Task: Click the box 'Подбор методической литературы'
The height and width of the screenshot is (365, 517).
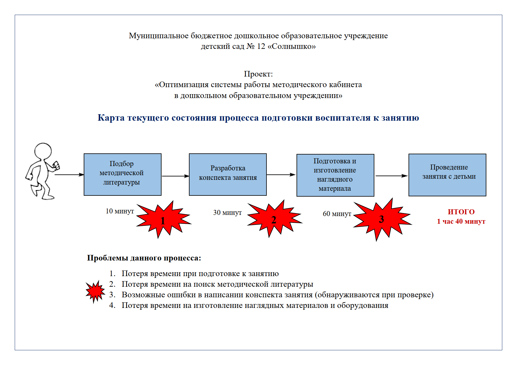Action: click(122, 174)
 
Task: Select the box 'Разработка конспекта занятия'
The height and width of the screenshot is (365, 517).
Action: click(228, 174)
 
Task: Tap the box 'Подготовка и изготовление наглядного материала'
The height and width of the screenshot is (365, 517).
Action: click(335, 175)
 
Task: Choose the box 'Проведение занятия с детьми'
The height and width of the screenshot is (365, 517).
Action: click(447, 175)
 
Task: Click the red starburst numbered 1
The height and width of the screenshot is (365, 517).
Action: click(163, 220)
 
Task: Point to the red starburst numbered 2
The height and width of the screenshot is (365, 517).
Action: click(274, 219)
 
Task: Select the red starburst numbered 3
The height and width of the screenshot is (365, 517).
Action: click(381, 219)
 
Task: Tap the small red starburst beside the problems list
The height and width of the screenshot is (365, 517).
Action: click(95, 291)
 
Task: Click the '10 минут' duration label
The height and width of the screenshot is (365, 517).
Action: click(120, 211)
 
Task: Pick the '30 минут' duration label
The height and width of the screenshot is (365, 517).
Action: click(227, 213)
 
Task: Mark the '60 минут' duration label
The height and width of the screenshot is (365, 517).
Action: click(337, 214)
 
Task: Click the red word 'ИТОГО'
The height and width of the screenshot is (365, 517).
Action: click(461, 212)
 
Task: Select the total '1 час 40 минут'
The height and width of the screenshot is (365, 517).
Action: click(461, 221)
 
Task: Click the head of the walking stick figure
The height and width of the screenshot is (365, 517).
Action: click(43, 151)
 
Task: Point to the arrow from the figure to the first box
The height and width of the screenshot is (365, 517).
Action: click(69, 175)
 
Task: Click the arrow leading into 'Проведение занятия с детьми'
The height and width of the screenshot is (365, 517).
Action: click(391, 176)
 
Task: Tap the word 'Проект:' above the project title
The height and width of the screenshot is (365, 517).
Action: click(258, 74)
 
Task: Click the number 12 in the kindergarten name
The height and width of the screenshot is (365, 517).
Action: click(261, 47)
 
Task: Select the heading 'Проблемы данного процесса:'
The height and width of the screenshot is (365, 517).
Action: click(144, 258)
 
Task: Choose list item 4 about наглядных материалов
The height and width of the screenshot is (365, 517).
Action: click(255, 305)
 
